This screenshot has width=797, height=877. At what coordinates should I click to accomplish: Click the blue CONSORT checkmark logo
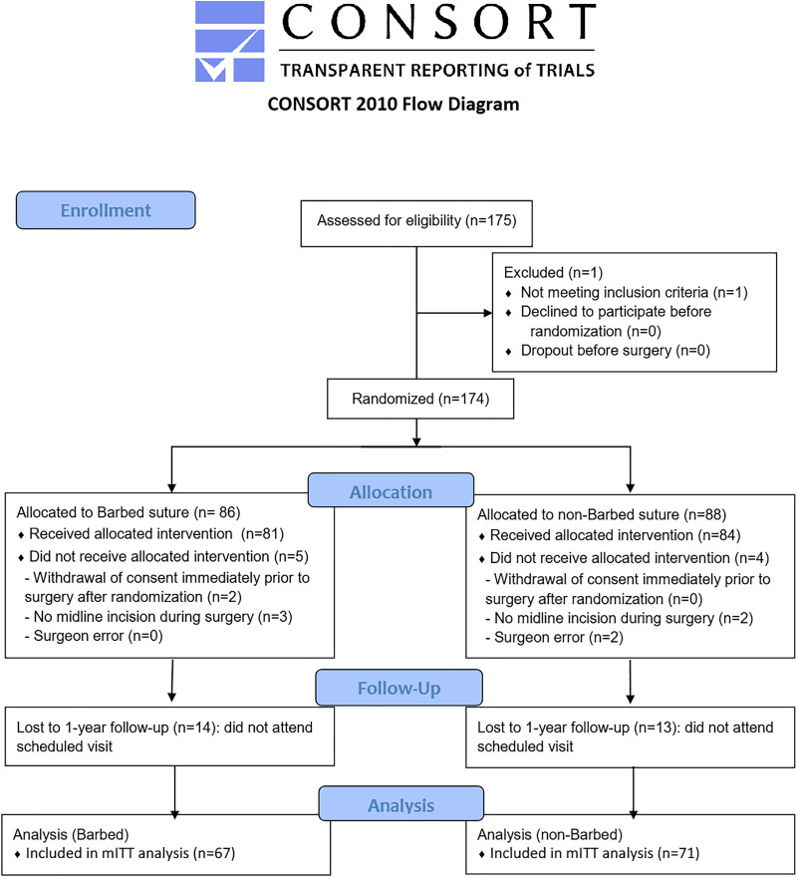coord(229,42)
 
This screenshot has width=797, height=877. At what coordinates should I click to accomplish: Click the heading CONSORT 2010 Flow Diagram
coord(394,104)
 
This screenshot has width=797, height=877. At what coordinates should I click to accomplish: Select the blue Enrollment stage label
coord(106,210)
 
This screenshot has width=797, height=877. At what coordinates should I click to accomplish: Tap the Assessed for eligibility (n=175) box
coord(416,223)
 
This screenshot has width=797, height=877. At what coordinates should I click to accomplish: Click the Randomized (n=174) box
coord(420,399)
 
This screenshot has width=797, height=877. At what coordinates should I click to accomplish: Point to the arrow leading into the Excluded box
coord(454,313)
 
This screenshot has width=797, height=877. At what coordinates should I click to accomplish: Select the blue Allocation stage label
coord(391,490)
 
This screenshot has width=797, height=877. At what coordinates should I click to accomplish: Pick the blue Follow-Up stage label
coord(398,688)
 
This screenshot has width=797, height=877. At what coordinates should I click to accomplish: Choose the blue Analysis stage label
coord(401,804)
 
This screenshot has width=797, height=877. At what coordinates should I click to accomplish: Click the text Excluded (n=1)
coord(553,272)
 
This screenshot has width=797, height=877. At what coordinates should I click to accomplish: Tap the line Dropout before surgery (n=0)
coord(616,351)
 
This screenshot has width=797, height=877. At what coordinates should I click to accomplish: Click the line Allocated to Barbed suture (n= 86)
coord(129,512)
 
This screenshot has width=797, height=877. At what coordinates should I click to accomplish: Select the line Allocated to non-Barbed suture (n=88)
coord(602,514)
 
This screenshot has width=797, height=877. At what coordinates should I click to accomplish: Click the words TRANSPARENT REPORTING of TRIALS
coord(437,71)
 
